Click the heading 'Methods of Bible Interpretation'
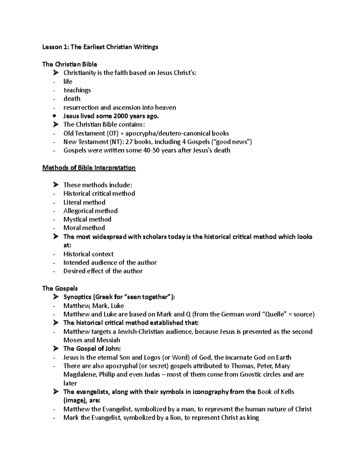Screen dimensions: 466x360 tap(89, 168)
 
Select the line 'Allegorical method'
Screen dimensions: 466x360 tap(90, 211)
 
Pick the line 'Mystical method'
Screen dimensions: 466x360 tap(87, 219)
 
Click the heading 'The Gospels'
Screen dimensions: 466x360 tap(60, 288)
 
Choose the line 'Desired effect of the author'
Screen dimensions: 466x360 tap(103, 271)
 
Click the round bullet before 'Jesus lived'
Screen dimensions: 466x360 tap(54, 116)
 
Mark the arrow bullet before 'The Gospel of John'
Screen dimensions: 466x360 tap(55, 349)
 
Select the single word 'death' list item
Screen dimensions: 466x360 tap(72, 99)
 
